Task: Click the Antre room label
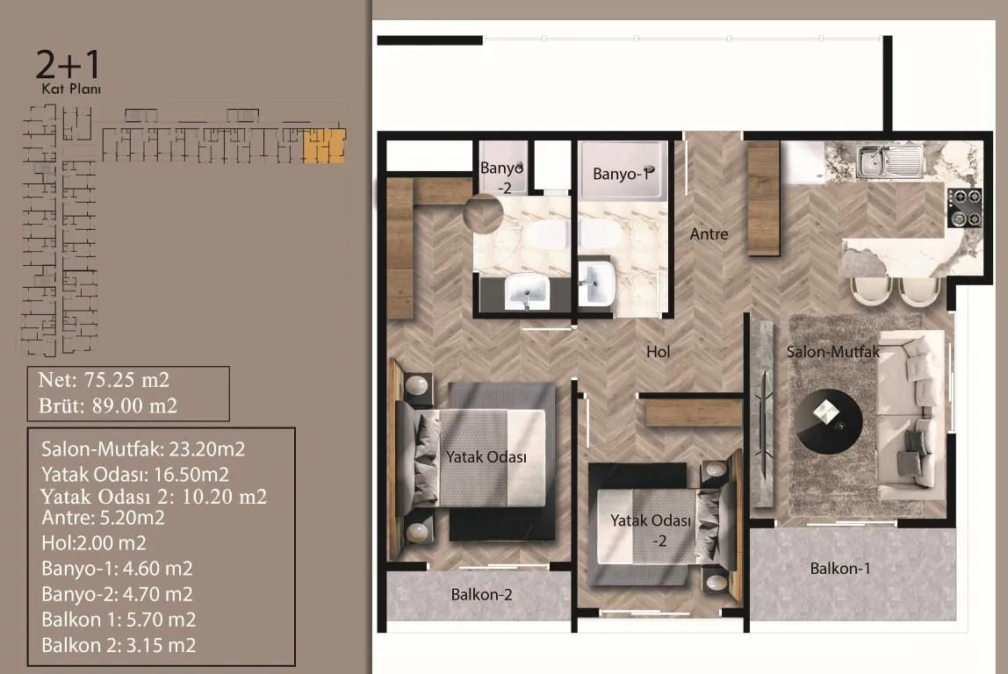709,233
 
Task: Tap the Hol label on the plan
659,351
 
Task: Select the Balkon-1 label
840,569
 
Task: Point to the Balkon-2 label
481,595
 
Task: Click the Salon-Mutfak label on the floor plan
833,351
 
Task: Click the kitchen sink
889,161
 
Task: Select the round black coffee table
828,421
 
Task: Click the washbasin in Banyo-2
527,290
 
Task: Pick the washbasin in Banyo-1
596,283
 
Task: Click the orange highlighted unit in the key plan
325,145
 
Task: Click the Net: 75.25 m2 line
104,380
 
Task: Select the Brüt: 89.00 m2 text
107,406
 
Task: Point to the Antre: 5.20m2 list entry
103,518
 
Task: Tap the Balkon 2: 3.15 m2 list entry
119,645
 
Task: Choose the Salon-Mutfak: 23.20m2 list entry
143,449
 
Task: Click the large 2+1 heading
68,65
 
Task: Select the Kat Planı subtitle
71,90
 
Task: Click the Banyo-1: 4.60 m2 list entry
117,569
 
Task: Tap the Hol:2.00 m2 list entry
94,543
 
